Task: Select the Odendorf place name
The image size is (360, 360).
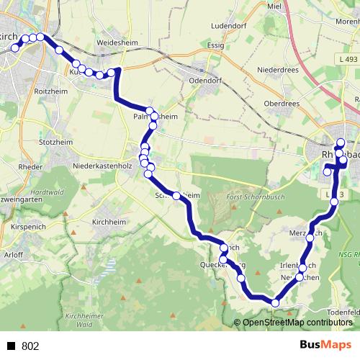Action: [x=203, y=81]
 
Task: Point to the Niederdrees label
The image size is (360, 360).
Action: [x=277, y=71]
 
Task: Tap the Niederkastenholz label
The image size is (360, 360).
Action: [x=102, y=166]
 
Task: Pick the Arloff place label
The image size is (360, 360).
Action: [x=13, y=255]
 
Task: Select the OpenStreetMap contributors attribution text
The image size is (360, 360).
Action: [x=296, y=322]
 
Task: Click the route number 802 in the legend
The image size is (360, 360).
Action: [x=30, y=346]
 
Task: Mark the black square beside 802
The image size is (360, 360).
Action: [x=12, y=346]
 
